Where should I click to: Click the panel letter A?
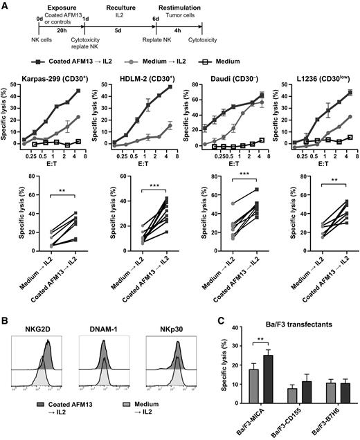tap(5, 5)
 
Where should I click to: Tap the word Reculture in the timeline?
tap(120, 6)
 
